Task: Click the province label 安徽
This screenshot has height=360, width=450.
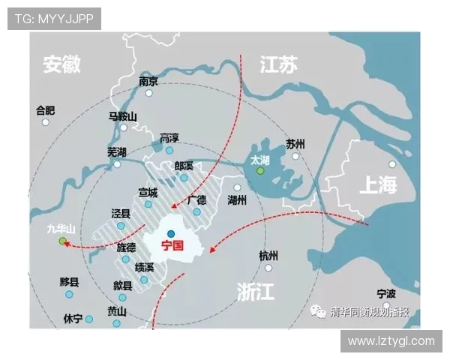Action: coord(61,64)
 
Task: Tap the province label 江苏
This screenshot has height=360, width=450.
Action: coord(278,65)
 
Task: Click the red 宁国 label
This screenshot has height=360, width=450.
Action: coord(172,245)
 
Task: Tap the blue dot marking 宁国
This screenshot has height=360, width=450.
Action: coord(171,233)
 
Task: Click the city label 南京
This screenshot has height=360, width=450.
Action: coord(148,82)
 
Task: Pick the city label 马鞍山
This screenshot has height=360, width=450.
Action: coord(122,116)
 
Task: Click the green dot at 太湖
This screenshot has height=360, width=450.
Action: coord(260,171)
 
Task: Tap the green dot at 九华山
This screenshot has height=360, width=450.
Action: coord(63,241)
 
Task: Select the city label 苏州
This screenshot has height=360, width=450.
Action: coord(295,143)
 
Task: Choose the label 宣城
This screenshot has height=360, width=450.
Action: coord(148,193)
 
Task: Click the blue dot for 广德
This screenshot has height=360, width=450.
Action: coord(196,212)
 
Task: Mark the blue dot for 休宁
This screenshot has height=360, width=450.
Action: coord(88,319)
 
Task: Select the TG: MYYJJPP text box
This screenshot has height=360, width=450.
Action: coord(54,19)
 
